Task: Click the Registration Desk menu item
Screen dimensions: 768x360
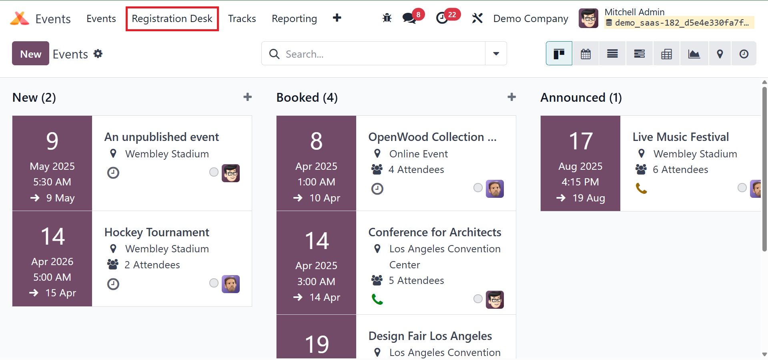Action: (172, 19)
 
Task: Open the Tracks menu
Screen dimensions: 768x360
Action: (242, 19)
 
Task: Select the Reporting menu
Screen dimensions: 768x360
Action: (294, 19)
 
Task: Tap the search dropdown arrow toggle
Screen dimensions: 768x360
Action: (496, 54)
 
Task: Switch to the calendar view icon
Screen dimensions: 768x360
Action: (586, 54)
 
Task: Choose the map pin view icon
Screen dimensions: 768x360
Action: (720, 54)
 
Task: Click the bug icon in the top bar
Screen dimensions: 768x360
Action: (387, 18)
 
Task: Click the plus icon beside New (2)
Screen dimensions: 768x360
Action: (248, 97)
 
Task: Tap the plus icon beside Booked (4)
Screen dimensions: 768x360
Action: (511, 97)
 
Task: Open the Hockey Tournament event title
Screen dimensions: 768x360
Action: (157, 232)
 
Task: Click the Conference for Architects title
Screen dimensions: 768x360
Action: (435, 232)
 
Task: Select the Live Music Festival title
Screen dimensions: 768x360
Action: (680, 137)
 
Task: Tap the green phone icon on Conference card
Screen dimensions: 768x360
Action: (377, 299)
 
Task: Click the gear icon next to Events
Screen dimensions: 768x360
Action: (98, 54)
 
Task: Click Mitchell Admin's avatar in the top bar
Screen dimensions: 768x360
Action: (588, 18)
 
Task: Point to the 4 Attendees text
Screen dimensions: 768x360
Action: (416, 169)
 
